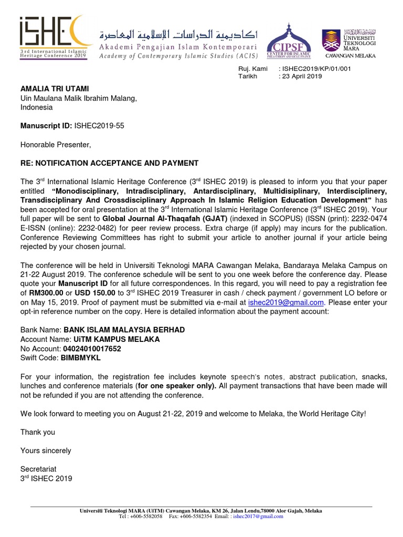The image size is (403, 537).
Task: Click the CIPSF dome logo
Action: (x=289, y=41)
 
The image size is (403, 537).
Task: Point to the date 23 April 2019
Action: (x=302, y=76)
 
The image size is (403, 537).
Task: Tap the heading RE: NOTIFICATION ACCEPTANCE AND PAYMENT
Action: (x=109, y=163)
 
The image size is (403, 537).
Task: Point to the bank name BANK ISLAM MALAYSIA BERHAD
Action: (x=124, y=330)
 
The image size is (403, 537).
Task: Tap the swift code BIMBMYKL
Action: (x=81, y=358)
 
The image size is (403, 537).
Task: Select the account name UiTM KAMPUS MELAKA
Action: (x=111, y=339)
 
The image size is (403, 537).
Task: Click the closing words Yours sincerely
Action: (x=46, y=450)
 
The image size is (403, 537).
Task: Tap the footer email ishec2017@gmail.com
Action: (x=258, y=516)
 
